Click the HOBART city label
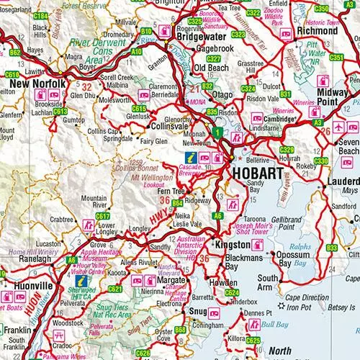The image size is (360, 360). (256, 174)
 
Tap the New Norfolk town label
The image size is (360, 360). (34, 84)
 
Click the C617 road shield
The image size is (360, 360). (103, 216)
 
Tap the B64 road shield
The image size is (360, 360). (177, 204)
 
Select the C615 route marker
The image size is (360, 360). (139, 109)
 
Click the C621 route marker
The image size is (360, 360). (115, 289)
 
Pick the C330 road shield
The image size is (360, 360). (321, 161)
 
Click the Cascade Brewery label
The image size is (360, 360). (189, 170)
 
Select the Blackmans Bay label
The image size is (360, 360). (221, 261)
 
